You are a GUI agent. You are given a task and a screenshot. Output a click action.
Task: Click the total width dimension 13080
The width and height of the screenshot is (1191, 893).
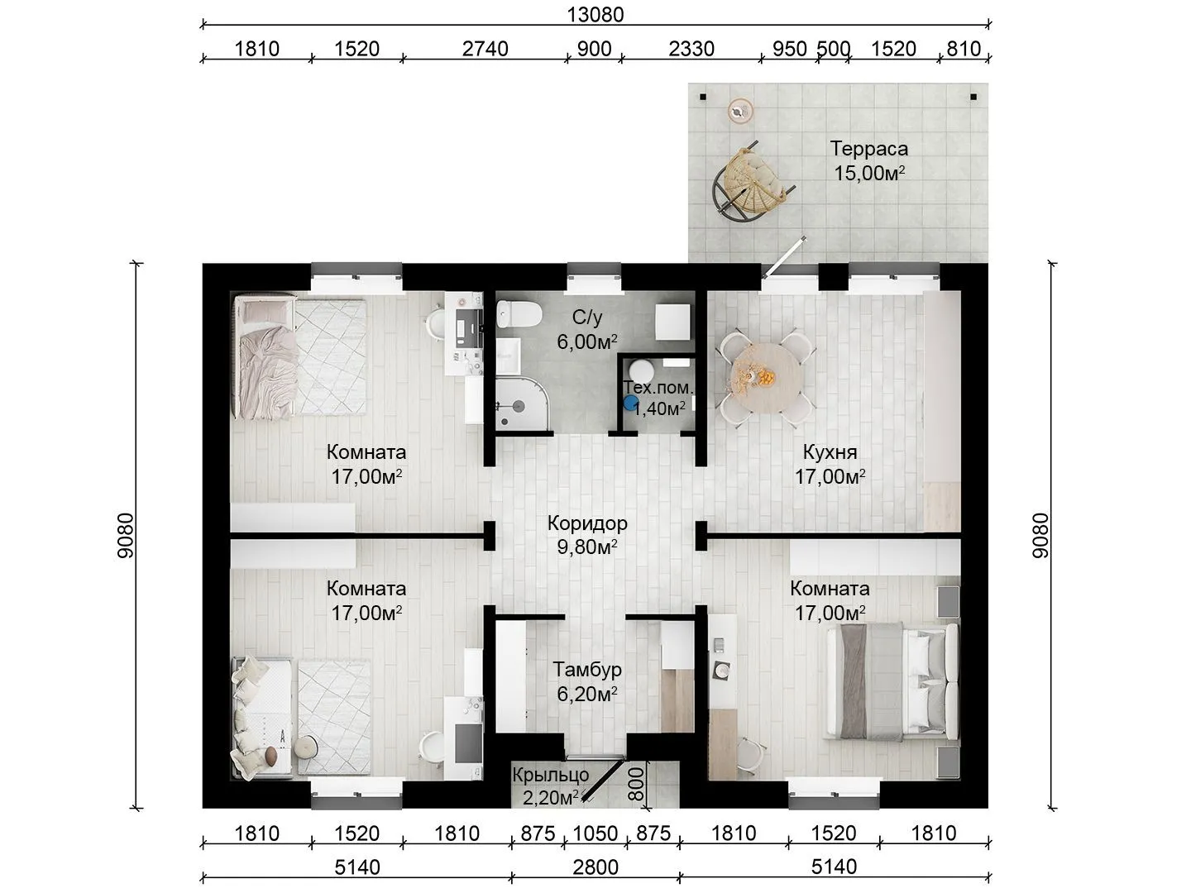[x=595, y=15]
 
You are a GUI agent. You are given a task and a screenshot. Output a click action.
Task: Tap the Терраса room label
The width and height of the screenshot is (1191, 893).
[x=868, y=149]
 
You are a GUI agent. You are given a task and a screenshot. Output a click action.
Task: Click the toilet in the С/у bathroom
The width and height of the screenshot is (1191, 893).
[x=519, y=314]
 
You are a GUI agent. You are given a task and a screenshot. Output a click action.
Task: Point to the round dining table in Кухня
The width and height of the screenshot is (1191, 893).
[x=768, y=377]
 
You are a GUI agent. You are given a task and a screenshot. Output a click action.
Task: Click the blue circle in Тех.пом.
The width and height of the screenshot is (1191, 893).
[x=630, y=403]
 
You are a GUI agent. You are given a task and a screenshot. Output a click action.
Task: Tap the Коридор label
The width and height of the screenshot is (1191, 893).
[x=587, y=523]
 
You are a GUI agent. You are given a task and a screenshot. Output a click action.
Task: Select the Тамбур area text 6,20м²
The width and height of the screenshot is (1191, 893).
[x=587, y=694]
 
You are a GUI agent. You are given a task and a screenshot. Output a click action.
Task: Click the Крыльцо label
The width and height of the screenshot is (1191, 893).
[x=550, y=775]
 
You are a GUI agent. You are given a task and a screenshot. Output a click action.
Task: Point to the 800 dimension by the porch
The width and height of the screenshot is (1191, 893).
[x=636, y=784]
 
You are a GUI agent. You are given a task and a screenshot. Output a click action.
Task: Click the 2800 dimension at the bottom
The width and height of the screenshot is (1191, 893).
[x=595, y=867]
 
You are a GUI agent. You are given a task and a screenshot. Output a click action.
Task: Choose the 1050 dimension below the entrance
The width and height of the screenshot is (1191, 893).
[x=595, y=833]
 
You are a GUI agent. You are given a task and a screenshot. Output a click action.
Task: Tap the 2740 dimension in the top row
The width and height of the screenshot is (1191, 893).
[x=485, y=49]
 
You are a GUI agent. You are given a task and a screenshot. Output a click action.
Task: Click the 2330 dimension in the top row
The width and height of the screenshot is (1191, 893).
[x=691, y=49]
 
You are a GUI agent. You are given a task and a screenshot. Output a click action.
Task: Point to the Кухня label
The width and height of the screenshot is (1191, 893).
[x=830, y=451]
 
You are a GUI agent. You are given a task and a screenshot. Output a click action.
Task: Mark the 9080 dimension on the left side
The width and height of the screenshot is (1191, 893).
[x=126, y=536]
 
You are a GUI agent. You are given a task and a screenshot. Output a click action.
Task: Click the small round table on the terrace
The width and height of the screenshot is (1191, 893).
[x=739, y=111]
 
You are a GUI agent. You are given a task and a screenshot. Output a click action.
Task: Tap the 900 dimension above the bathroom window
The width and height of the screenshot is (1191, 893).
[x=594, y=49]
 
